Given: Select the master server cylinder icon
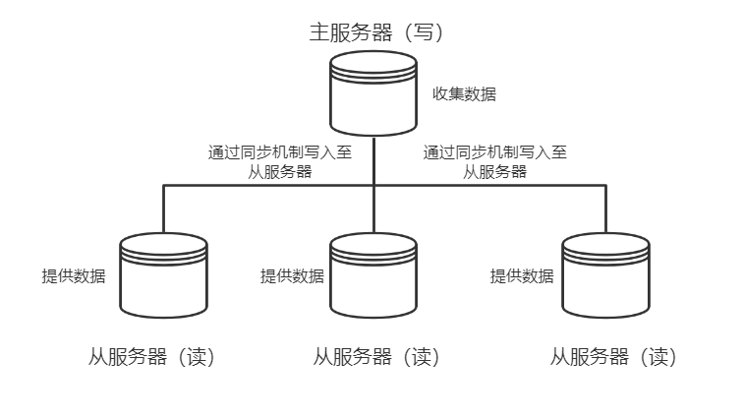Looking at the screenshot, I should point(373,93).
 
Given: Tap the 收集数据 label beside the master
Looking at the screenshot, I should point(465,95).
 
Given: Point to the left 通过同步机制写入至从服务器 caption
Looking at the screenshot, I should point(280,161).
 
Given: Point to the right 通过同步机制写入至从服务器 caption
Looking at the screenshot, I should point(494,161).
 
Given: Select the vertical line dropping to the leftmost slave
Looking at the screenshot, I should point(162,209).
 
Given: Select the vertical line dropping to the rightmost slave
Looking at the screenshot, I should point(605,209).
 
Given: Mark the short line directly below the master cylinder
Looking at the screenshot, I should point(374,157).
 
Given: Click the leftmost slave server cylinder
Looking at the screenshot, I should point(162,275).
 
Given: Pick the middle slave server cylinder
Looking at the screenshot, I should point(373,275).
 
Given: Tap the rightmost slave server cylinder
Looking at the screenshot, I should point(605,275).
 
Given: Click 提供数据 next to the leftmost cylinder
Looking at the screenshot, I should point(74,276).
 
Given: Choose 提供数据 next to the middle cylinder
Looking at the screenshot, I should point(292,276).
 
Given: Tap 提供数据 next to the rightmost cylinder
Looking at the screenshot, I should point(522,276).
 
